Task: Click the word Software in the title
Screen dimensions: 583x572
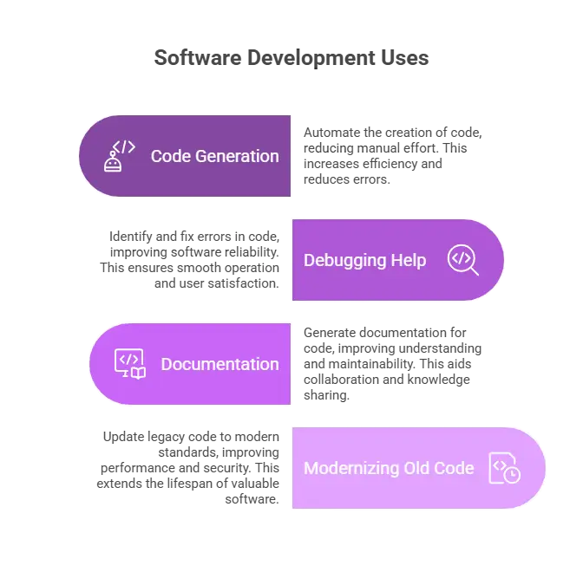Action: point(198,57)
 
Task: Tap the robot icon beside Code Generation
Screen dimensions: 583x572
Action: point(119,156)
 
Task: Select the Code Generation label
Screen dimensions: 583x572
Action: point(215,156)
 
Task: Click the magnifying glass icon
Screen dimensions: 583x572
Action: point(463,260)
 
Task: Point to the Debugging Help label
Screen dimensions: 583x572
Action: point(364,260)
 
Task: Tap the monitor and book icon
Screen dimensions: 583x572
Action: point(130,364)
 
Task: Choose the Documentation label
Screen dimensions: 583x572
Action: point(220,364)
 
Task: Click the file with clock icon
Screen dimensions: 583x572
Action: point(505,468)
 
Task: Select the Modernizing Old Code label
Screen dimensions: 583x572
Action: point(389,468)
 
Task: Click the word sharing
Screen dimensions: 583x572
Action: point(326,395)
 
